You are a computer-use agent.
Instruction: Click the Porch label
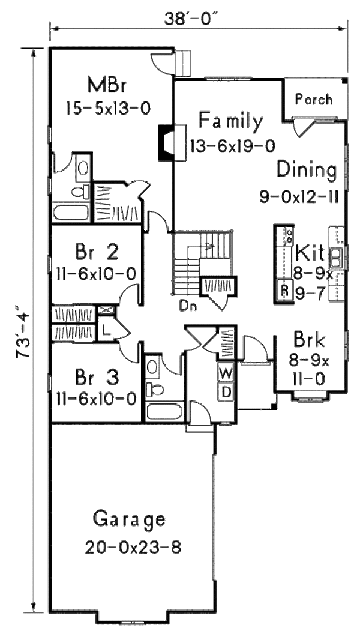coord(314,99)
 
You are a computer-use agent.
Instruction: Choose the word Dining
coord(306,170)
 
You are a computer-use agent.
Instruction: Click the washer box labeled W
coord(226,374)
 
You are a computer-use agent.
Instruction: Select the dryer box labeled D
coord(226,391)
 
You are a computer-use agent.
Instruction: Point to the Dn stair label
coord(188,306)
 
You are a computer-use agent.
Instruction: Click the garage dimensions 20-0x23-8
coord(133,548)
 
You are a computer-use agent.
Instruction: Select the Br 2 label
coord(97,253)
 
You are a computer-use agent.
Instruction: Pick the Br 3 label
coord(97,378)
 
